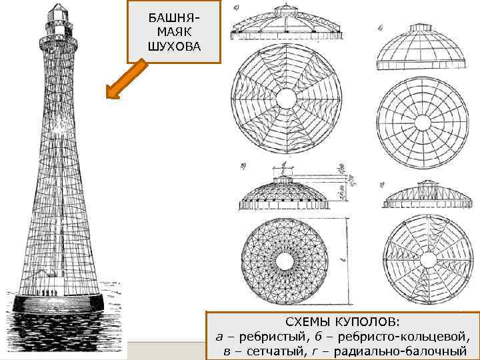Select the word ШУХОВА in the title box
[173, 46]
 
